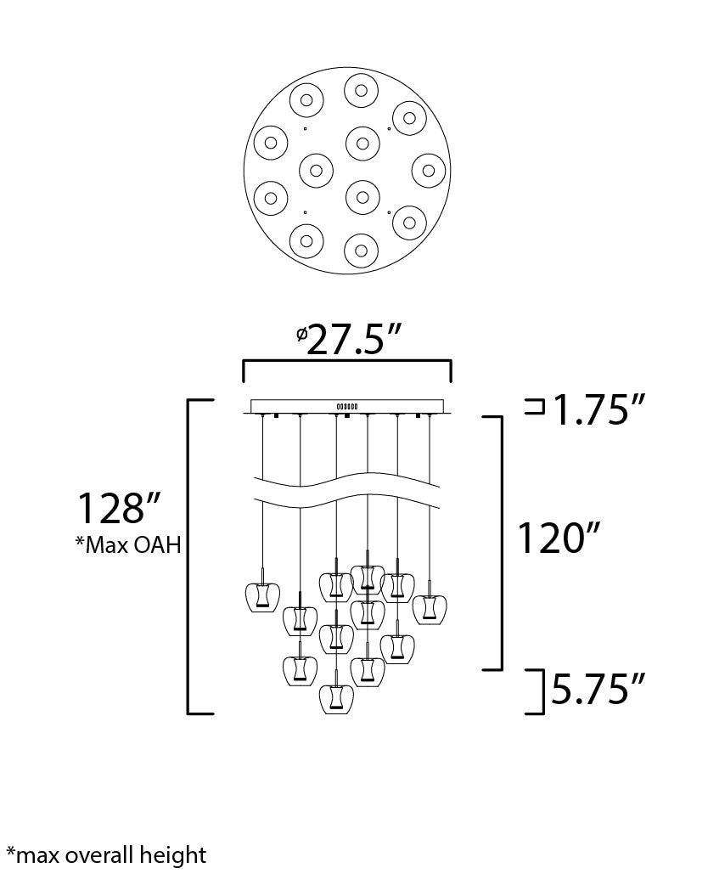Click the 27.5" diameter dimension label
[348, 341]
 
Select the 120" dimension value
[559, 538]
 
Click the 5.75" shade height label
[598, 689]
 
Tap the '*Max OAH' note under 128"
[129, 545]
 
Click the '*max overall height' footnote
[106, 855]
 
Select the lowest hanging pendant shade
[337, 698]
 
